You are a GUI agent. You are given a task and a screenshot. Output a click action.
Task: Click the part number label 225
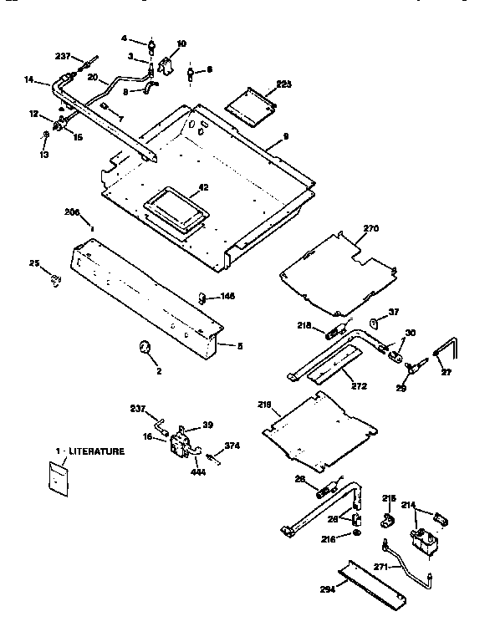(x=285, y=84)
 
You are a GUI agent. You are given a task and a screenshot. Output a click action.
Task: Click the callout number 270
(x=370, y=227)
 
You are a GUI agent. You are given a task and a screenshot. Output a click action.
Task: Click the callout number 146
(x=227, y=297)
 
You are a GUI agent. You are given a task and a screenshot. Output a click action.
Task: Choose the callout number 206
(x=72, y=213)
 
